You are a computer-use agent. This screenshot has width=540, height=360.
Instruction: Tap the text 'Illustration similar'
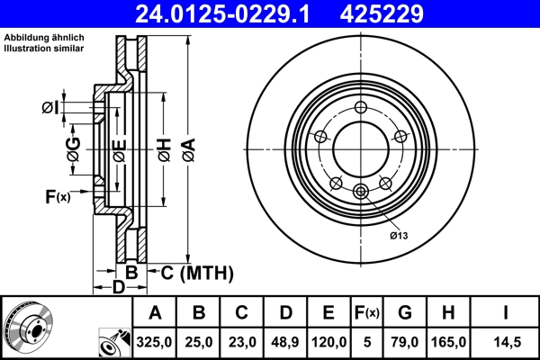pyautogui.click(x=45, y=49)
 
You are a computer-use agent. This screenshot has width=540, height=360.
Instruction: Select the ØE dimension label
pyautogui.click(x=117, y=151)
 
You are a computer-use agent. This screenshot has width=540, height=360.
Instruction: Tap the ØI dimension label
pyautogui.click(x=50, y=108)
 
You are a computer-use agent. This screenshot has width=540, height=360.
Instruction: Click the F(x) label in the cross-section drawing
pyautogui.click(x=57, y=196)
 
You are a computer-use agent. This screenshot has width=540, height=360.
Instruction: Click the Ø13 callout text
pyautogui.click(x=399, y=235)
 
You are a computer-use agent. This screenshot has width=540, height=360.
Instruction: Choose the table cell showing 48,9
pyautogui.click(x=285, y=342)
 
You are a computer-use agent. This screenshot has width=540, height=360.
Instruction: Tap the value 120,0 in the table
pyautogui.click(x=328, y=342)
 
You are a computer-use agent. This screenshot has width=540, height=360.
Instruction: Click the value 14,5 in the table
pyautogui.click(x=507, y=342)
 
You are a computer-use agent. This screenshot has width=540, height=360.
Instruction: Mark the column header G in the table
pyautogui.click(x=405, y=313)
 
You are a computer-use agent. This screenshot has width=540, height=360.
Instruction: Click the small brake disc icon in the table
pyautogui.click(x=27, y=328)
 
